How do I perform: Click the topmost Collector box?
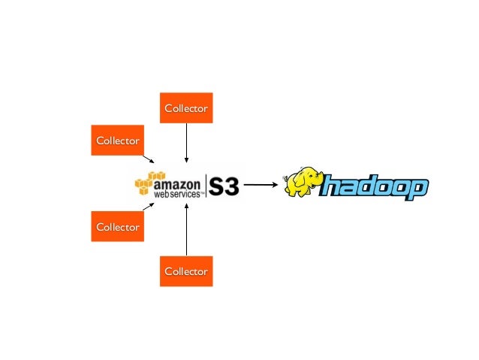[x=186, y=108]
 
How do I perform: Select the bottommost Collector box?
[x=186, y=271]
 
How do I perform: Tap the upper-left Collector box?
[x=117, y=140]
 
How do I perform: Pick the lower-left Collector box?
[x=117, y=226]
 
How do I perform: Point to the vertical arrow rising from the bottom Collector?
[x=186, y=229]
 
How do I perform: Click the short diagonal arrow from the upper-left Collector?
[x=149, y=159]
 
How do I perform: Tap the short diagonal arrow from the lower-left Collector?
[x=149, y=205]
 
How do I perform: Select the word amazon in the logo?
[x=177, y=183]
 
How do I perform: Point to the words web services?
[x=177, y=194]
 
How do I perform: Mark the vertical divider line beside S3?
[x=205, y=186]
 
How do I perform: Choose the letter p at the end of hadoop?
[x=417, y=191]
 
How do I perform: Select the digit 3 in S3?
[x=230, y=186]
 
